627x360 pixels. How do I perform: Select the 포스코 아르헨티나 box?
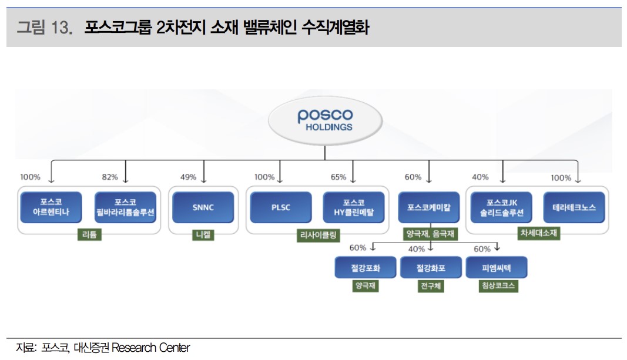pyautogui.click(x=51, y=207)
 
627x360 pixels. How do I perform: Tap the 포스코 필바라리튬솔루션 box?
pyautogui.click(x=125, y=207)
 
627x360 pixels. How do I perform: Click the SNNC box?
pyautogui.click(x=203, y=207)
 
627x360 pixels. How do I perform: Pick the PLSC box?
pyautogui.click(x=280, y=207)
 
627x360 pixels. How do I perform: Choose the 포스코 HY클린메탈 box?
pyautogui.click(x=354, y=207)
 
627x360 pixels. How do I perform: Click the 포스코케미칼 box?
pyautogui.click(x=430, y=207)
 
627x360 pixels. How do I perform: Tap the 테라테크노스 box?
pyautogui.click(x=574, y=207)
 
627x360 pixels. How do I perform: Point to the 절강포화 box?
pyautogui.click(x=366, y=268)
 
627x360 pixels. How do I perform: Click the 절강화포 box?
pyautogui.click(x=431, y=268)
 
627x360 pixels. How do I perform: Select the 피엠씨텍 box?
pyautogui.click(x=497, y=268)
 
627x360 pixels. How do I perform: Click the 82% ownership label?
pyautogui.click(x=110, y=177)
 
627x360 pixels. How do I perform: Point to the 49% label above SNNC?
pyautogui.click(x=188, y=177)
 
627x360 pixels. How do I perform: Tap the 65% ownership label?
pyautogui.click(x=338, y=177)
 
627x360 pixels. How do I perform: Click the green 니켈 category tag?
pyautogui.click(x=203, y=235)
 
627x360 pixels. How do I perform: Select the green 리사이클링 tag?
pyautogui.click(x=318, y=235)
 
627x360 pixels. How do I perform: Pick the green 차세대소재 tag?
pyautogui.click(x=538, y=233)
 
